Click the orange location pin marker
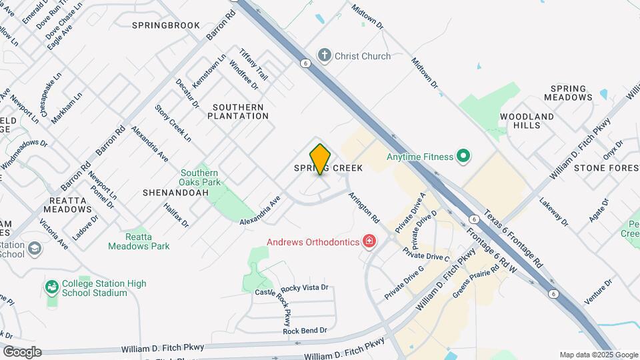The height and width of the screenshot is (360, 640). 320,159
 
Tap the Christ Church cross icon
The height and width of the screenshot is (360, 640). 325,55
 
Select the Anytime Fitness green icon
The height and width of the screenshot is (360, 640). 463,157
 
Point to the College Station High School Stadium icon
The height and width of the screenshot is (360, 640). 51,287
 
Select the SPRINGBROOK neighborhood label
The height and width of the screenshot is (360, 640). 166,25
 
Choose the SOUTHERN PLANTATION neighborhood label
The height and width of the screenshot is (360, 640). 238,111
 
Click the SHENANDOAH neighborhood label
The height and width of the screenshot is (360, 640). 172,192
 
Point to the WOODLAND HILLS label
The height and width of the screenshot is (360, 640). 527,121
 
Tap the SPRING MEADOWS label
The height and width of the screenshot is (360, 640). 568,93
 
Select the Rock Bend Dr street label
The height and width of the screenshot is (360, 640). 305,330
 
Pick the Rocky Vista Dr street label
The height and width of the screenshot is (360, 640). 305,288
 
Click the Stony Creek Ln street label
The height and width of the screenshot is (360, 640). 173,123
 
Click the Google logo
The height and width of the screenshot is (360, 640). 21,351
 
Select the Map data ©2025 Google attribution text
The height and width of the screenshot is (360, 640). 598,355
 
